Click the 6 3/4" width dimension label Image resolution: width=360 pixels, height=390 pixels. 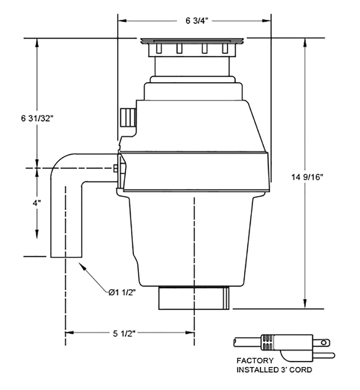[x=194, y=21]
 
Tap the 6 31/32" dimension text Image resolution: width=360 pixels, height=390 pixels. [x=37, y=118]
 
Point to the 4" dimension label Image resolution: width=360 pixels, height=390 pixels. [x=37, y=203]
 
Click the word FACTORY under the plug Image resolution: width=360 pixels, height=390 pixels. [x=255, y=361]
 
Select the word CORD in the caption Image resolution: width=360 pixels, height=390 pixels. [x=302, y=370]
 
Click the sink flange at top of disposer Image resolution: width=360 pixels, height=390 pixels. [x=191, y=41]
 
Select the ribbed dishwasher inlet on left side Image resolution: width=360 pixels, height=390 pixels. [x=127, y=117]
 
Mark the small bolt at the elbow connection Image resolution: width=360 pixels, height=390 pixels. [x=115, y=168]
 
